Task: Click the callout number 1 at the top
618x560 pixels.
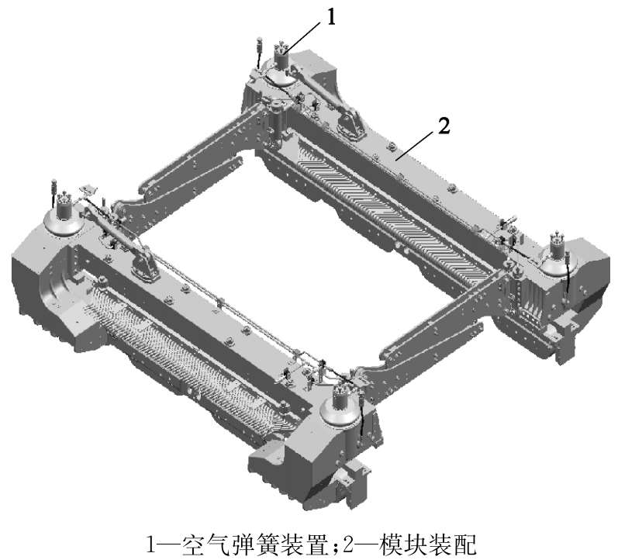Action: point(331,17)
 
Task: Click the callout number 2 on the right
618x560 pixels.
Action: point(444,126)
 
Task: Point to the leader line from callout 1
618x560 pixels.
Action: point(302,37)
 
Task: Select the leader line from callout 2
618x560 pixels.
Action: point(415,146)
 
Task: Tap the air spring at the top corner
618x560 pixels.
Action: point(282,66)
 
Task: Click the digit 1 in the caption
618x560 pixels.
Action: point(151,544)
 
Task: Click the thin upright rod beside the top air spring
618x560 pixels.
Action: point(259,52)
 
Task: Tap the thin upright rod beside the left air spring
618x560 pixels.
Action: point(54,192)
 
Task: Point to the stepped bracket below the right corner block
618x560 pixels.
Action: point(564,335)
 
